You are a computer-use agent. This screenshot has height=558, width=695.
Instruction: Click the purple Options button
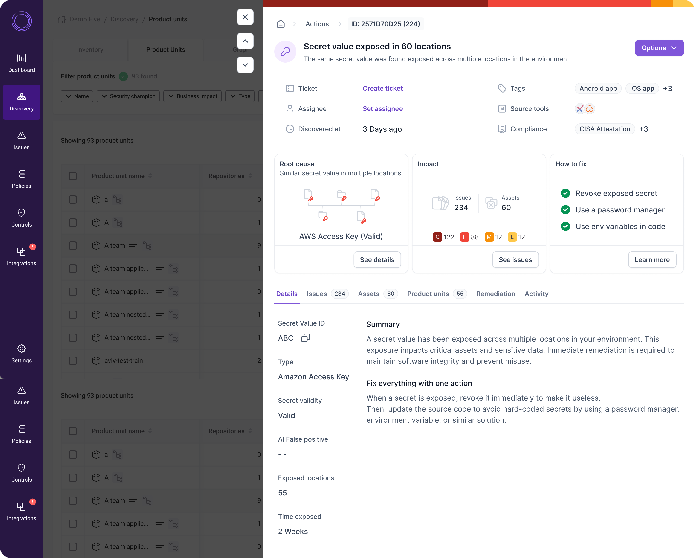pos(659,48)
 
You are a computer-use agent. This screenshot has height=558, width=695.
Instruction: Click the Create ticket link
pos(382,88)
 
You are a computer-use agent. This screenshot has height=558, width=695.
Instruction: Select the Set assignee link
pos(382,109)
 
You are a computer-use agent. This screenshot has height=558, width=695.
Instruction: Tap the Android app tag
pos(598,88)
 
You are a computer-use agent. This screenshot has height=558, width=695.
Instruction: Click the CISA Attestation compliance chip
pos(604,129)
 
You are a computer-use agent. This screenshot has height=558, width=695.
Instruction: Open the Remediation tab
pos(495,294)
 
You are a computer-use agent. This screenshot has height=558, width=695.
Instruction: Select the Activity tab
pos(536,294)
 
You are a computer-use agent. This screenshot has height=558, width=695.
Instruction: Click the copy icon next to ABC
pos(305,338)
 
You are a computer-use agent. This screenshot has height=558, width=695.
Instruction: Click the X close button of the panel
pos(245,17)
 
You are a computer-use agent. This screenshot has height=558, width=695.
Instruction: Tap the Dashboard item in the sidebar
pos(22,63)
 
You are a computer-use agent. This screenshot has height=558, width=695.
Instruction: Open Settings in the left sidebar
pos(22,353)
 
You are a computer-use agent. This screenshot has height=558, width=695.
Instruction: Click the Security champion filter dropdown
pos(128,96)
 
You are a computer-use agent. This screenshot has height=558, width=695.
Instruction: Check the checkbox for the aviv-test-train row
pos(73,360)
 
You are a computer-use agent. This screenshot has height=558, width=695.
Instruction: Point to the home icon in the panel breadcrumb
pos(281,24)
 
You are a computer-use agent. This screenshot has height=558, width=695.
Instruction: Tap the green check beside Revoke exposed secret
pos(565,193)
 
